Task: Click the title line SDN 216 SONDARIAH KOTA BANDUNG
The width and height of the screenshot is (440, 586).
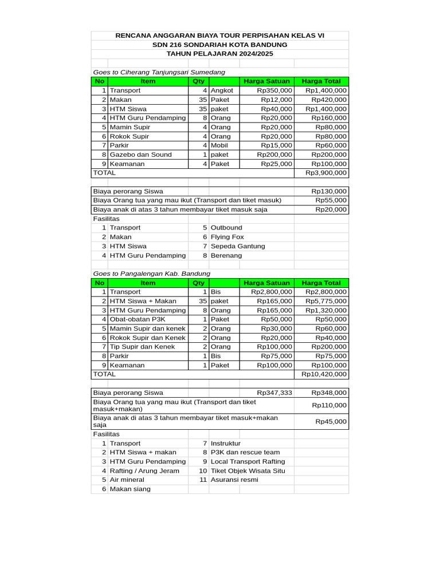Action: tap(219, 45)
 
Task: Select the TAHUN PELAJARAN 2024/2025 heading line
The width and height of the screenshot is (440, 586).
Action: tap(219, 54)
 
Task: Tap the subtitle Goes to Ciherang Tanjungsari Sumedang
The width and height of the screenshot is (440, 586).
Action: tap(159, 72)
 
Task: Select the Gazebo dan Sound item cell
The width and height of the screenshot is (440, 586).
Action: tap(148, 155)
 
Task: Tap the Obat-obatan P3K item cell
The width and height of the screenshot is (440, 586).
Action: tap(148, 319)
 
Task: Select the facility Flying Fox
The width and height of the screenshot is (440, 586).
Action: tap(227, 237)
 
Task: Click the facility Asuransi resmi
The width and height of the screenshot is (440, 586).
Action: tap(234, 480)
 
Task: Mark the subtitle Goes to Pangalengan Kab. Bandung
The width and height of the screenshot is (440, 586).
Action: tap(151, 274)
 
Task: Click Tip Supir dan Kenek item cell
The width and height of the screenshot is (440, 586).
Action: tap(148, 347)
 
